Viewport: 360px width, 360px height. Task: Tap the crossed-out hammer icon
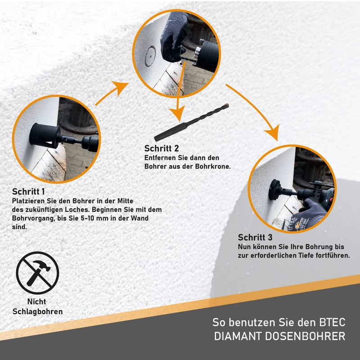click(x=37, y=273)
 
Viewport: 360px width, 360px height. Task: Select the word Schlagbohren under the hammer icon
click(x=37, y=311)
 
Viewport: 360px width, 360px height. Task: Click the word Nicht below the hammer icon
click(x=37, y=302)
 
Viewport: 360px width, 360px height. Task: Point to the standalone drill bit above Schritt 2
click(x=191, y=121)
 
